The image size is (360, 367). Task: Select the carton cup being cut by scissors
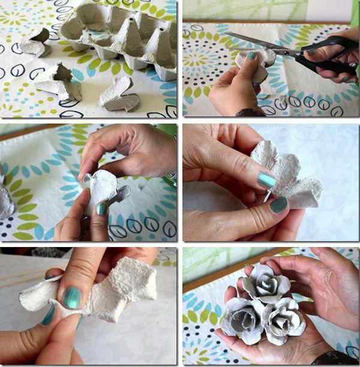pyautogui.click(x=255, y=63)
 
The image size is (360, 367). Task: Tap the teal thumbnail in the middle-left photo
pyautogui.click(x=103, y=209)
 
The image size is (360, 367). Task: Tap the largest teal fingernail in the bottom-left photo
pyautogui.click(x=73, y=297)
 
